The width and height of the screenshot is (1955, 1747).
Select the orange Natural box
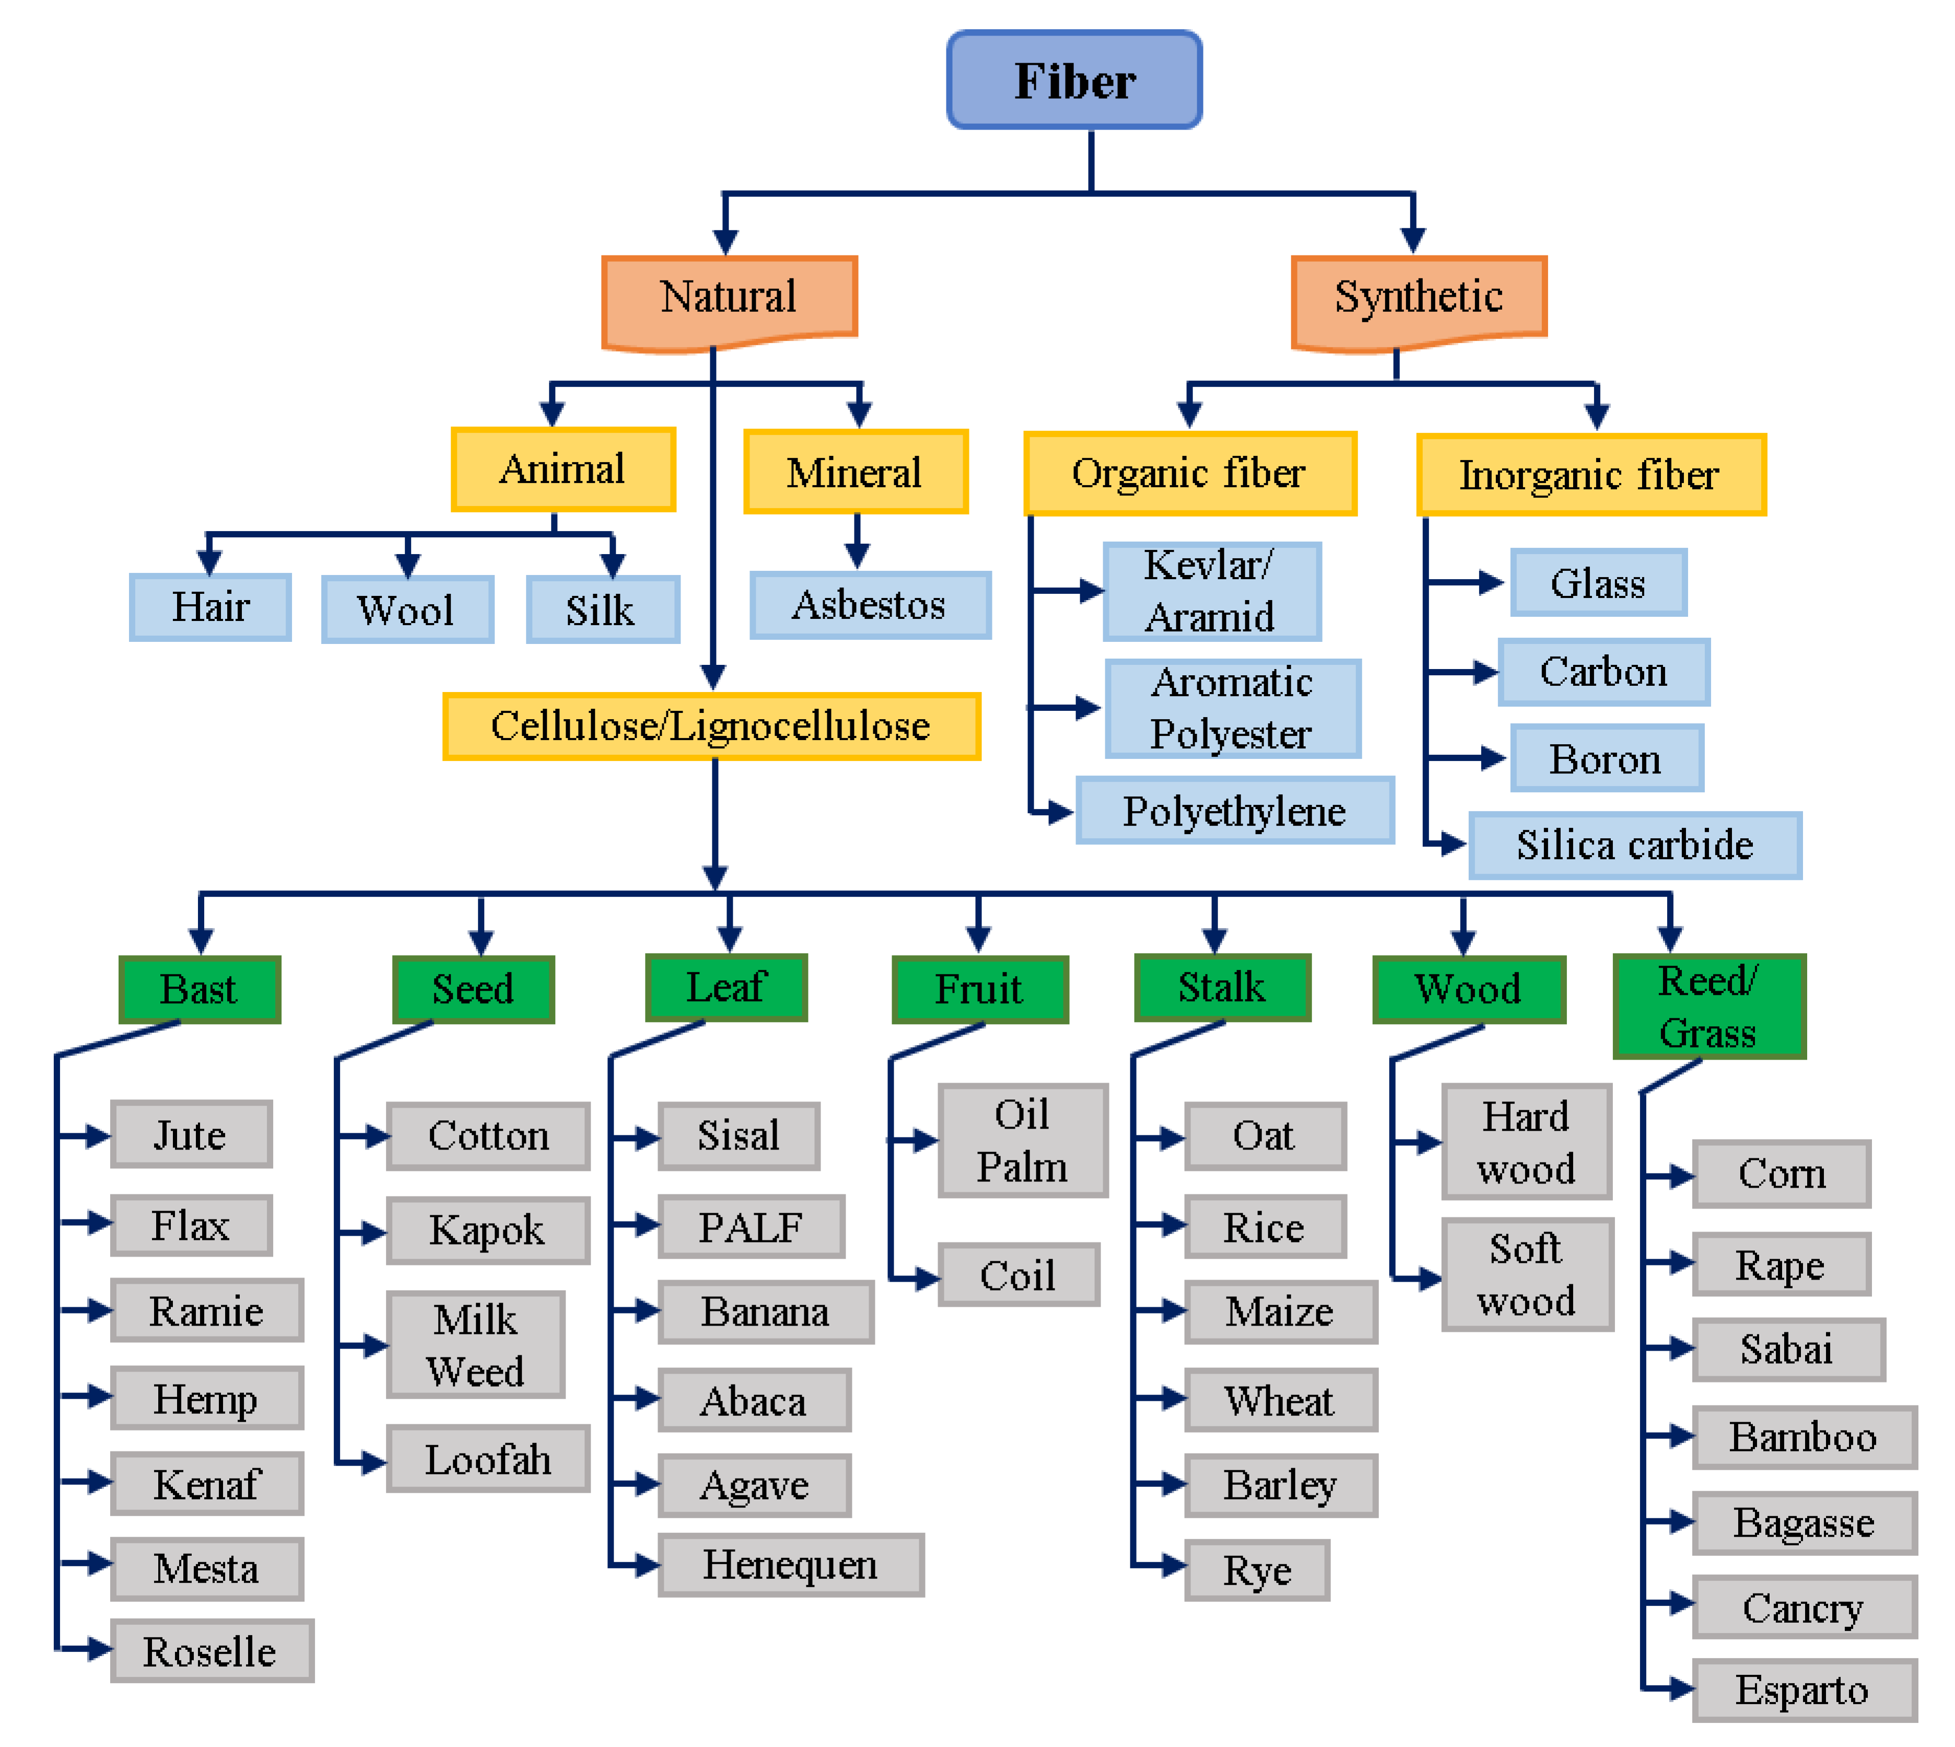pos(729,298)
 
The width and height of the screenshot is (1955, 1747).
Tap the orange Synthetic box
pos(1418,298)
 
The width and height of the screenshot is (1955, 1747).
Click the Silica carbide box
pos(1634,845)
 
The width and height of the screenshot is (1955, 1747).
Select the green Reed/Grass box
pos(1708,1006)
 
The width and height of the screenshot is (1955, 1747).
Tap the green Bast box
pos(198,989)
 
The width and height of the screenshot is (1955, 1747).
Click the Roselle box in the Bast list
pos(211,1651)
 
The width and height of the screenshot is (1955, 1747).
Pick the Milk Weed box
pos(475,1344)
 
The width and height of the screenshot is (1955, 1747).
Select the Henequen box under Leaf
pos(790,1565)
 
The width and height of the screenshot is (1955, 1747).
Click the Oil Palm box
pos(1022,1140)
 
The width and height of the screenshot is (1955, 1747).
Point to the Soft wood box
pos(1526,1275)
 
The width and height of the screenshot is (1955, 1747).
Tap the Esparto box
pos(1802,1690)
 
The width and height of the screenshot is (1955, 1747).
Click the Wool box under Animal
pos(407,609)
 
